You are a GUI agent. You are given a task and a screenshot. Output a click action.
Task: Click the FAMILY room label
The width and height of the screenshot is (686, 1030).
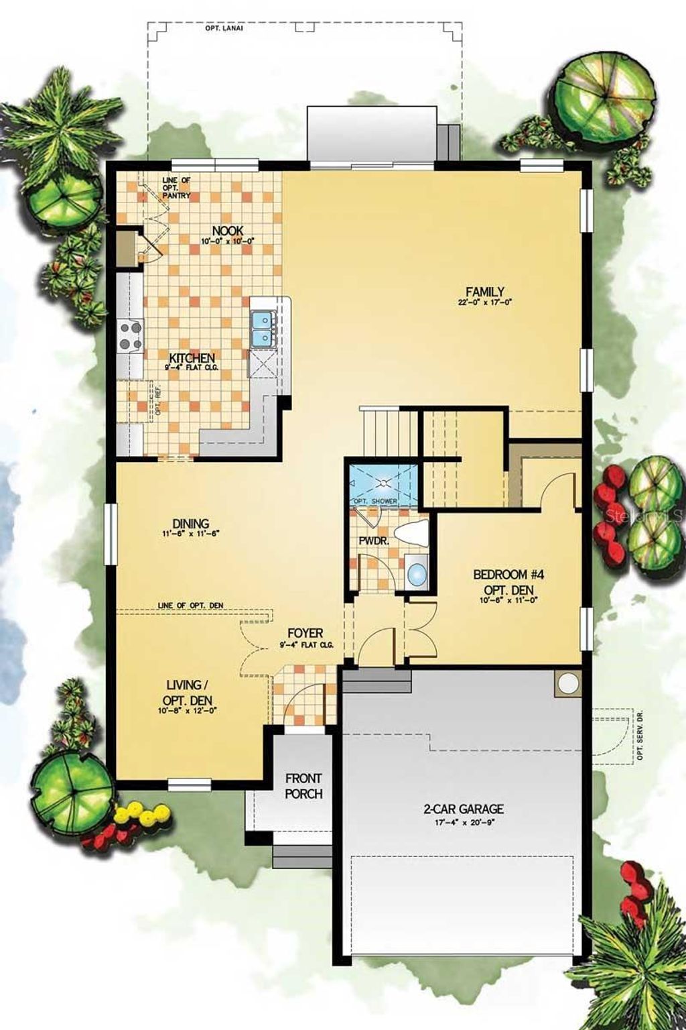pyautogui.click(x=485, y=291)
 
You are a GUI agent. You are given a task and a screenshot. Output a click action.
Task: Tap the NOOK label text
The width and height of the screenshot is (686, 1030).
pyautogui.click(x=227, y=231)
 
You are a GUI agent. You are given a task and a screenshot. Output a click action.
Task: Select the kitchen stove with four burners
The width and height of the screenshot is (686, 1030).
pyautogui.click(x=129, y=335)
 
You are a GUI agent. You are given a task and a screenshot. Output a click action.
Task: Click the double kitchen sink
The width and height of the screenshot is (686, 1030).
pyautogui.click(x=263, y=329)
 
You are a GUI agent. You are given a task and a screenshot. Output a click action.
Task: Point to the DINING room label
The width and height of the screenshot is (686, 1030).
pyautogui.click(x=190, y=523)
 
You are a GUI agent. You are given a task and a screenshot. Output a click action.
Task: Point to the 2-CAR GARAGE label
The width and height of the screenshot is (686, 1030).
pyautogui.click(x=463, y=809)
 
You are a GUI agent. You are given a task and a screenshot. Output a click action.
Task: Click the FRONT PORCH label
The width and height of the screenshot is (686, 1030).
pyautogui.click(x=303, y=786)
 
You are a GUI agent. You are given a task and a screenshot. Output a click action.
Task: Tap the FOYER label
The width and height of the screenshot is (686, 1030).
pyautogui.click(x=305, y=632)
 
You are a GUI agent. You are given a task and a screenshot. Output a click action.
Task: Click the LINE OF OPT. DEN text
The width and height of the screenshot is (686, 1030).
pyautogui.click(x=190, y=606)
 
